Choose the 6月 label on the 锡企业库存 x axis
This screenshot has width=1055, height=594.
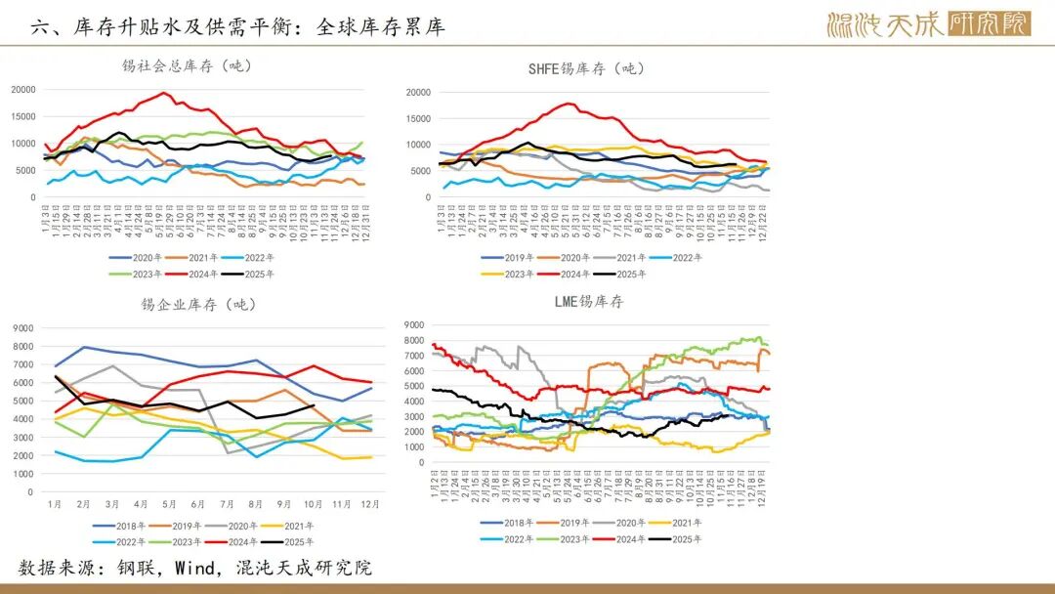tap(197, 505)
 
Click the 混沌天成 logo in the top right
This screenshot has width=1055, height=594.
tap(927, 24)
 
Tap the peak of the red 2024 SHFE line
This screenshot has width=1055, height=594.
tap(568, 104)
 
